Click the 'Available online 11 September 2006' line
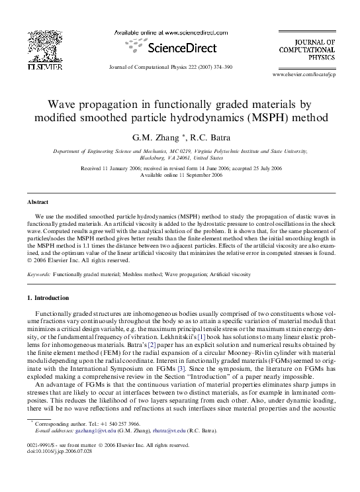tap(181, 175)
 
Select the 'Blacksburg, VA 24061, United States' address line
tap(181, 159)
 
